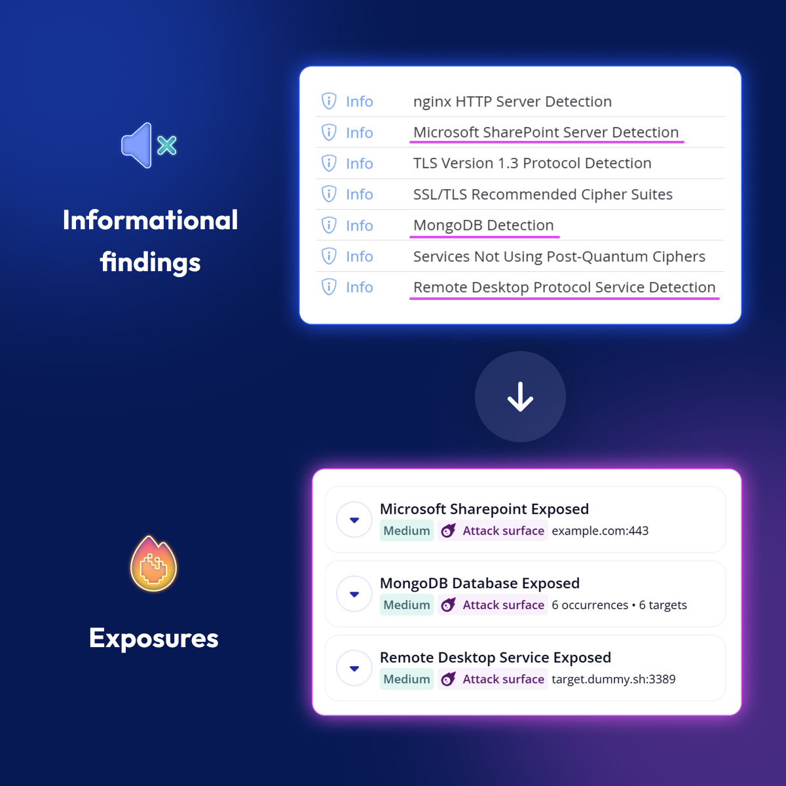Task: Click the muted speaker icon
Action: tap(148, 145)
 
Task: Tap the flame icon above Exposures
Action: tap(154, 565)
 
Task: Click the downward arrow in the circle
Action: tap(520, 397)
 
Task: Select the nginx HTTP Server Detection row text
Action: tap(512, 102)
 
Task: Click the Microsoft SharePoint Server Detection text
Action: tap(546, 132)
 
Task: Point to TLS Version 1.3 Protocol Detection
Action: tap(532, 163)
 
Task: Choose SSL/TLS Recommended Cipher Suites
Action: tap(542, 195)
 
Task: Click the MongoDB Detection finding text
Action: tap(483, 225)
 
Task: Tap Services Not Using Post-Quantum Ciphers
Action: tap(559, 257)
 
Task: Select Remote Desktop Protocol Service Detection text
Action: tap(564, 288)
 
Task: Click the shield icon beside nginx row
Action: tap(329, 101)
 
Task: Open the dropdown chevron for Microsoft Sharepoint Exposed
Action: tap(354, 520)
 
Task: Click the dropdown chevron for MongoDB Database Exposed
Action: tap(354, 594)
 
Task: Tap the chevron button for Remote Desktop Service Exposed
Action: tap(354, 669)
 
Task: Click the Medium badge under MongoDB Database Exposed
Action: tap(407, 605)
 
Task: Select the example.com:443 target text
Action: tap(600, 531)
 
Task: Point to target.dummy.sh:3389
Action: tap(613, 679)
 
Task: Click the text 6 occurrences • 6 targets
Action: tap(619, 605)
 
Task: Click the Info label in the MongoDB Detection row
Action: tap(359, 226)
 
